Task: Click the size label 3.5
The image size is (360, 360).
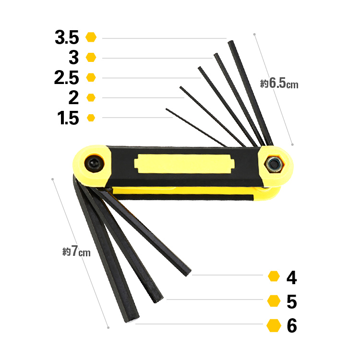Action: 67,37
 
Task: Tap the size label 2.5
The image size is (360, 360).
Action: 67,78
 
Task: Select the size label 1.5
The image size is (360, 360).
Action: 68,118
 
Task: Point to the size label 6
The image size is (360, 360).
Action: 292,325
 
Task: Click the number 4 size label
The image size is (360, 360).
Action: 291,277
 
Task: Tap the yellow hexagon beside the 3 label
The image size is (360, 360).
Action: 91,58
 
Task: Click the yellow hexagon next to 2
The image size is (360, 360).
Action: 91,97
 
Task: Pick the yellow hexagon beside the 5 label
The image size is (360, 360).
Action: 274,301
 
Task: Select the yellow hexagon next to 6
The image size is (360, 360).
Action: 274,325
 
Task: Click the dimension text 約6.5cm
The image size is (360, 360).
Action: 279,84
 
